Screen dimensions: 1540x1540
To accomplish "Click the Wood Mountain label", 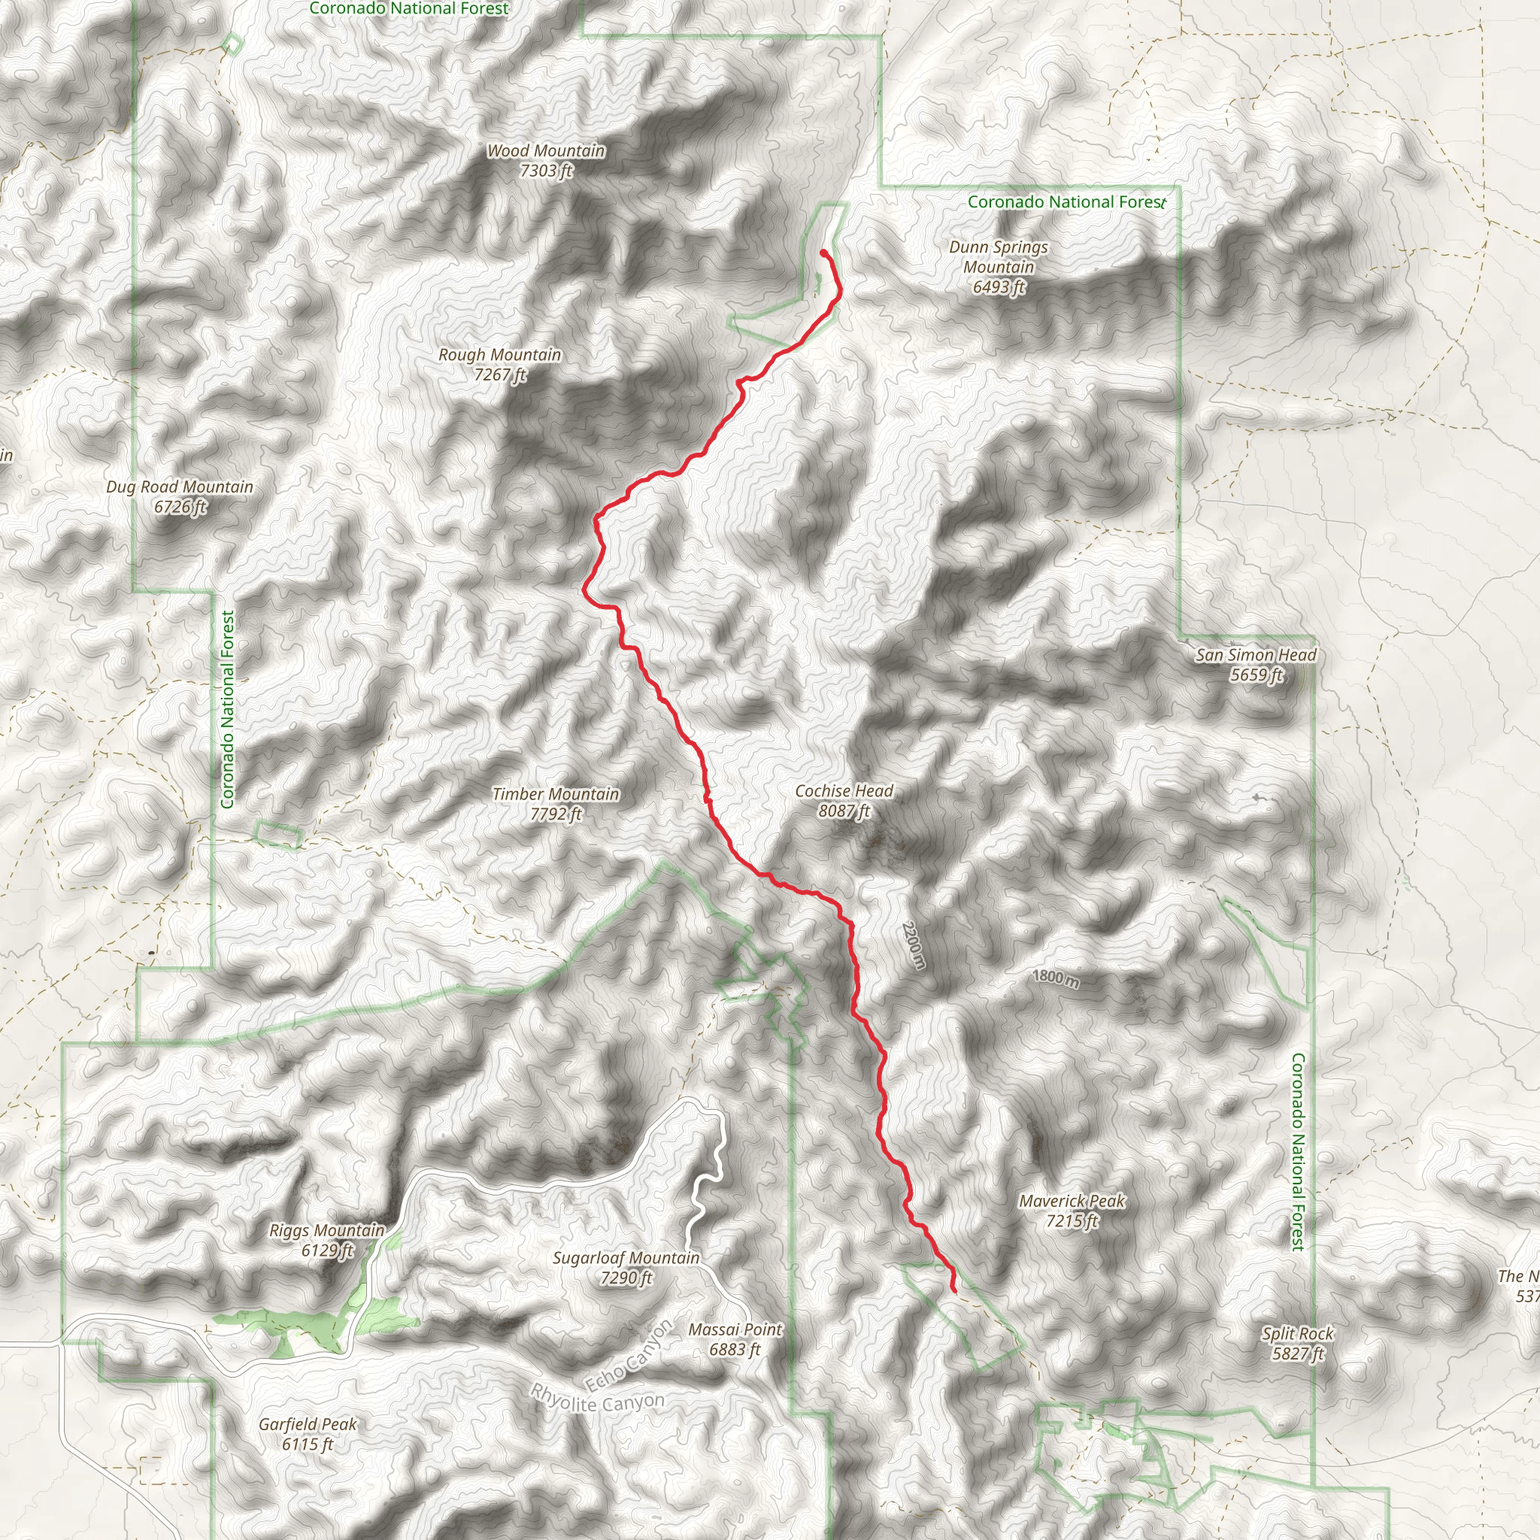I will pos(546,160).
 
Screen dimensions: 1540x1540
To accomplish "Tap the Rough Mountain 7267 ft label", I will pos(500,364).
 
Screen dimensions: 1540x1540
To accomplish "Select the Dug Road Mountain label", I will pos(180,496).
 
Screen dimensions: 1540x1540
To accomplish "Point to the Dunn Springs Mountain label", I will pos(998,267).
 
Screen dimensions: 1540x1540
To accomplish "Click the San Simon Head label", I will pos(1257,665).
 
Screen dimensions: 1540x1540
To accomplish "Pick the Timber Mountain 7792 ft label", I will pos(556,804).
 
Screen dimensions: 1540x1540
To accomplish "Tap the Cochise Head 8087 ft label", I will pos(844,800).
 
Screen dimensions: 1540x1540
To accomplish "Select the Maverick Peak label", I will pos(1072,1211).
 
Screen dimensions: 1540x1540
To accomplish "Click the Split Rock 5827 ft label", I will pos(1298,1343).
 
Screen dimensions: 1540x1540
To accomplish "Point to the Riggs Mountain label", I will pos(327,1240).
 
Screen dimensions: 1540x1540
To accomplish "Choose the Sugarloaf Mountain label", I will pos(626,1267).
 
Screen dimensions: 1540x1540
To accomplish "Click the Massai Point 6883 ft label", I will pos(735,1339).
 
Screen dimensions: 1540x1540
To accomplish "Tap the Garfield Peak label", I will pos(308,1434).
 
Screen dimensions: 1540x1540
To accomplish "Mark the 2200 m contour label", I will pos(914,945).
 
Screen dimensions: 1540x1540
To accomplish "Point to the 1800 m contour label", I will pos(1055,979).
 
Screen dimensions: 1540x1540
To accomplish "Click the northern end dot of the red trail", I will pos(823,253).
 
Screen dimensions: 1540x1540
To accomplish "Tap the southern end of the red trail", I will pos(954,1290).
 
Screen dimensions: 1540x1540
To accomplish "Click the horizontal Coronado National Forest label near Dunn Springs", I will pos(1066,202).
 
